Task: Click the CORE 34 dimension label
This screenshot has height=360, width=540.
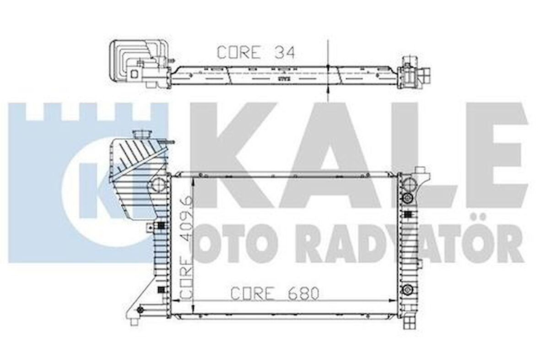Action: [x=255, y=52]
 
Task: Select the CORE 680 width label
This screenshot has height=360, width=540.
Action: [x=274, y=293]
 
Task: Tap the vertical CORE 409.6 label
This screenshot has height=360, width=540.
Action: [x=186, y=248]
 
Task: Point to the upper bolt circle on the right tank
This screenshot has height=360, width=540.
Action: [x=407, y=198]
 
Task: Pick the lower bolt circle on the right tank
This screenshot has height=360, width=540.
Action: [x=407, y=289]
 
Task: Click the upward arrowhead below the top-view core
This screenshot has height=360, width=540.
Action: [x=328, y=92]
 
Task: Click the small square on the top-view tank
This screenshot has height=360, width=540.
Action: [x=134, y=73]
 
